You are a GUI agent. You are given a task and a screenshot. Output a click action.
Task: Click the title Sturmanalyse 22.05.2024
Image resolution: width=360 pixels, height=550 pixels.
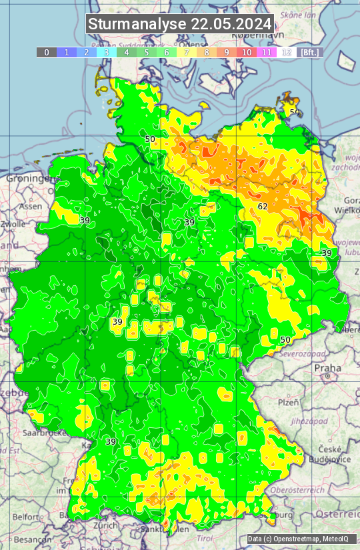coord(180,24)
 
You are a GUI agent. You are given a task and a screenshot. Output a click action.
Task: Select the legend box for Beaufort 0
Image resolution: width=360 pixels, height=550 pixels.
coord(47,52)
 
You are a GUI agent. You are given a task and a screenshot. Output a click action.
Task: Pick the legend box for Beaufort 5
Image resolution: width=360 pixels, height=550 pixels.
coord(147,52)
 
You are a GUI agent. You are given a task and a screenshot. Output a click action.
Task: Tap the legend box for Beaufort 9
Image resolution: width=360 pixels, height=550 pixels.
coord(227,52)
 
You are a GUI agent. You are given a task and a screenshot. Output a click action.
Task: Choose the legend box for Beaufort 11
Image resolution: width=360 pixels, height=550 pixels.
coord(267,52)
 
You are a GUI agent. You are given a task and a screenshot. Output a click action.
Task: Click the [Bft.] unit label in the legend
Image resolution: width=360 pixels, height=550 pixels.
coord(309,52)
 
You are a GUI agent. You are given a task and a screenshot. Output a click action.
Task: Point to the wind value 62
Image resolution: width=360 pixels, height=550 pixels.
coord(263,207)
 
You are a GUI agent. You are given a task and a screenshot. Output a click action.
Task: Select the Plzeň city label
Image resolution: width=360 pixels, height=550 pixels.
coord(287,403)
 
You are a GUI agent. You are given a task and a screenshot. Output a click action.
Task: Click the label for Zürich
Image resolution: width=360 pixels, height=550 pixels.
coord(105,525)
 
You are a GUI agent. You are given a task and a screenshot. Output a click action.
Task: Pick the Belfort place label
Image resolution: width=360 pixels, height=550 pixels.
coord(26,516)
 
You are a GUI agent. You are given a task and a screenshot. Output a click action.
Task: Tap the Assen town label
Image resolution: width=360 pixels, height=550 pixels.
coord(29,207)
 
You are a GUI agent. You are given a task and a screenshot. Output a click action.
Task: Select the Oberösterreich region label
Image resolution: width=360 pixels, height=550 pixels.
coord(305,490)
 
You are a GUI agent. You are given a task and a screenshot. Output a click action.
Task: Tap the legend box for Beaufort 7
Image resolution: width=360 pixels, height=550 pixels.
coord(187,52)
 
